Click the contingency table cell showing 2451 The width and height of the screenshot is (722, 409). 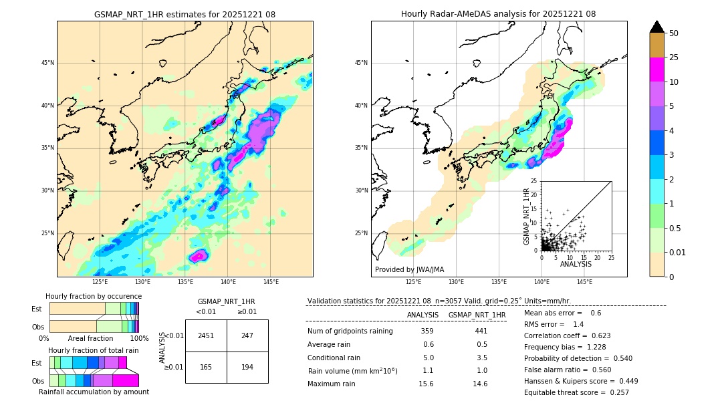pyautogui.click(x=206, y=335)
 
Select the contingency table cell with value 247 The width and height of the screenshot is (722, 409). pyautogui.click(x=247, y=335)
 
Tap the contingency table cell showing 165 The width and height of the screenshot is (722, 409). pyautogui.click(x=206, y=367)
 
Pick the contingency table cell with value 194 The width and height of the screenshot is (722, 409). pyautogui.click(x=247, y=367)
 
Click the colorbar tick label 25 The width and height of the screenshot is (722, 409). pyautogui.click(x=674, y=57)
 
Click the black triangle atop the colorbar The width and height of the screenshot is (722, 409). pyautogui.click(x=657, y=27)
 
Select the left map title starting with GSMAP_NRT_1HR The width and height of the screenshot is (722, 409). pyautogui.click(x=185, y=14)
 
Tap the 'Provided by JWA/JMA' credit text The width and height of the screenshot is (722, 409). pyautogui.click(x=409, y=269)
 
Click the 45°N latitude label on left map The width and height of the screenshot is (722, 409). pyautogui.click(x=47, y=63)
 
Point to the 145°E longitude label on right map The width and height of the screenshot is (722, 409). pyautogui.click(x=584, y=282)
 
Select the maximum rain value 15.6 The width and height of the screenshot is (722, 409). pyautogui.click(x=426, y=384)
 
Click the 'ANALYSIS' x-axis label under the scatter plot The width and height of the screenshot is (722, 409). pyautogui.click(x=576, y=264)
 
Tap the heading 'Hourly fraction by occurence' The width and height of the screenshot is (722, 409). pyautogui.click(x=94, y=296)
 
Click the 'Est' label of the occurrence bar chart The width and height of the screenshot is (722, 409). pyautogui.click(x=37, y=309)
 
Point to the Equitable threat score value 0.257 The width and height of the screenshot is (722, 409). pyautogui.click(x=615, y=392)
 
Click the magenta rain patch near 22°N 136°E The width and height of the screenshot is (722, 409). pyautogui.click(x=199, y=255)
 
